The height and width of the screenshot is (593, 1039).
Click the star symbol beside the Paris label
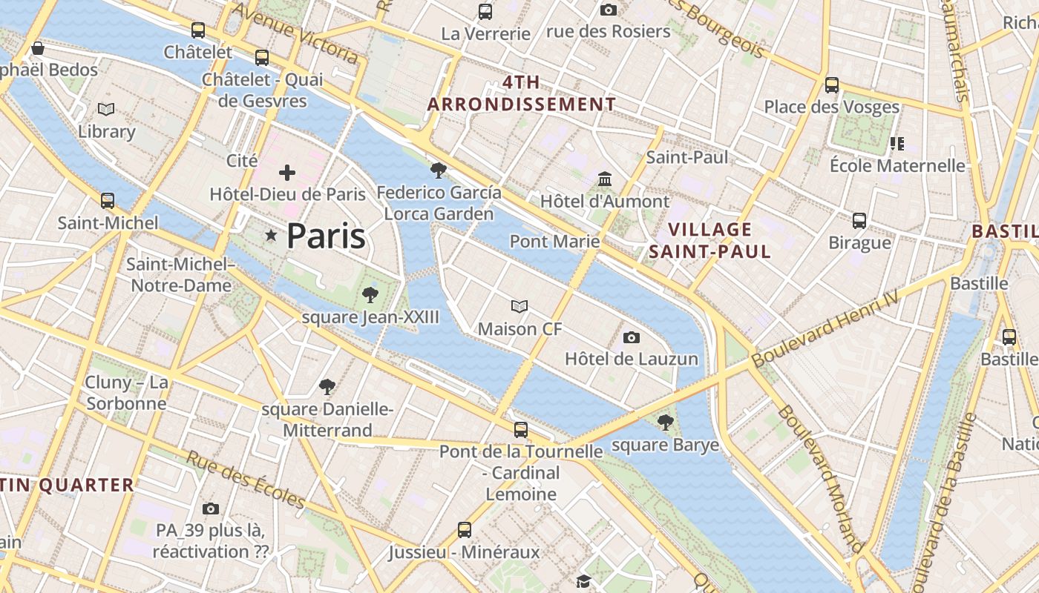272,236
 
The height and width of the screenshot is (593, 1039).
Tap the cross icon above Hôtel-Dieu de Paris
287,173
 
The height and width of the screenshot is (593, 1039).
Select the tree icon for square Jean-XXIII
370,295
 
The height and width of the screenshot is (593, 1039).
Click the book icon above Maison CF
519,306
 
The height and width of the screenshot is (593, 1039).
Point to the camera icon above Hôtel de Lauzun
631,338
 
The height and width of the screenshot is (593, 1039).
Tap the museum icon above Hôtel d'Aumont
605,179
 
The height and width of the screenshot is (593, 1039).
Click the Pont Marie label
554,241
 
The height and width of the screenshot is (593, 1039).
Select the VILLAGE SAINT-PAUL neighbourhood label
710,241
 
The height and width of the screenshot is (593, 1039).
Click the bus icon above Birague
859,220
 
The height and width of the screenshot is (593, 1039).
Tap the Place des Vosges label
831,107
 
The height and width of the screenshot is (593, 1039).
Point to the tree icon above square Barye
665,423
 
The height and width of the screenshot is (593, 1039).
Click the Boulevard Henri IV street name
825,328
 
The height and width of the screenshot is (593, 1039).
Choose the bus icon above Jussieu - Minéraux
465,530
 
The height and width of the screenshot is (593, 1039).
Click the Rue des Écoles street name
245,480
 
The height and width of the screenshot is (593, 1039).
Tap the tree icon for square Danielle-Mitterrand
327,386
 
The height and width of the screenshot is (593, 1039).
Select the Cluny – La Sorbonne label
126,393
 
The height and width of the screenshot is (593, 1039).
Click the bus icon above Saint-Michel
108,201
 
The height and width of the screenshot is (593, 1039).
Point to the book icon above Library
106,110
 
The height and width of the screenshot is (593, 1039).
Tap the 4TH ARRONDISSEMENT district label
521,93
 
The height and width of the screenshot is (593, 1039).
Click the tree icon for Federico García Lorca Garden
439,170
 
